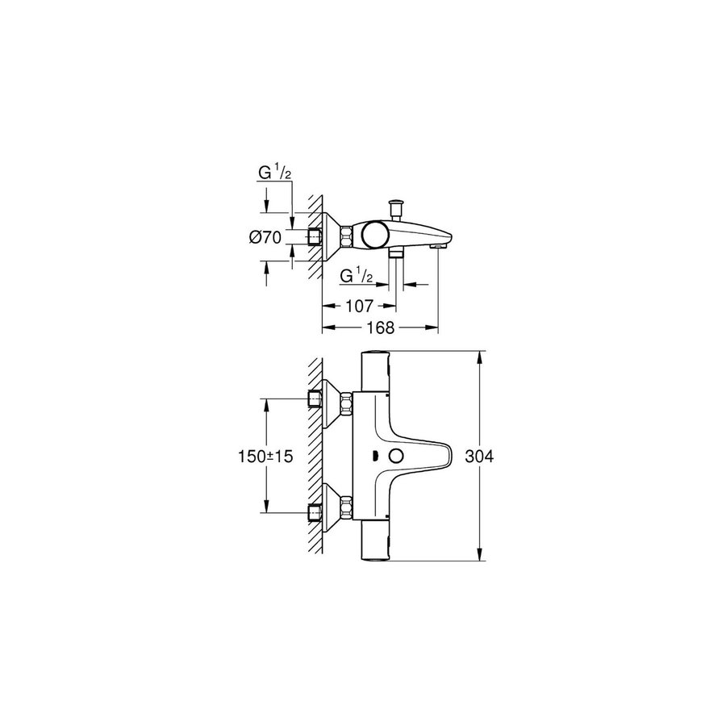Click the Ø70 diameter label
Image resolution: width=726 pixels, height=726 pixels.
point(265,237)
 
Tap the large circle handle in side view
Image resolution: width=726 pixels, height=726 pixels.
point(374,236)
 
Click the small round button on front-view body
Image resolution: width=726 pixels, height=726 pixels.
point(396,457)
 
